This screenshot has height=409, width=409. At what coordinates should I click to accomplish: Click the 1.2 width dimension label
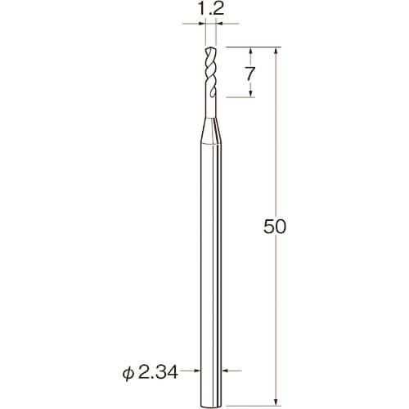coord(210,10)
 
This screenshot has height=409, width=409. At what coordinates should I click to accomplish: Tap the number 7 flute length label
coord(249,74)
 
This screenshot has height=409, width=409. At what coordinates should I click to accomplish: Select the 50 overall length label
coord(275,227)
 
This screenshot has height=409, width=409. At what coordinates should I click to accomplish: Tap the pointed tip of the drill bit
coord(210,48)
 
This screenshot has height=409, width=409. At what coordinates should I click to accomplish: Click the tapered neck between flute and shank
coord(211,131)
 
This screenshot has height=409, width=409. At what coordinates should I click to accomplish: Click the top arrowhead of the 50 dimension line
coord(276,52)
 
